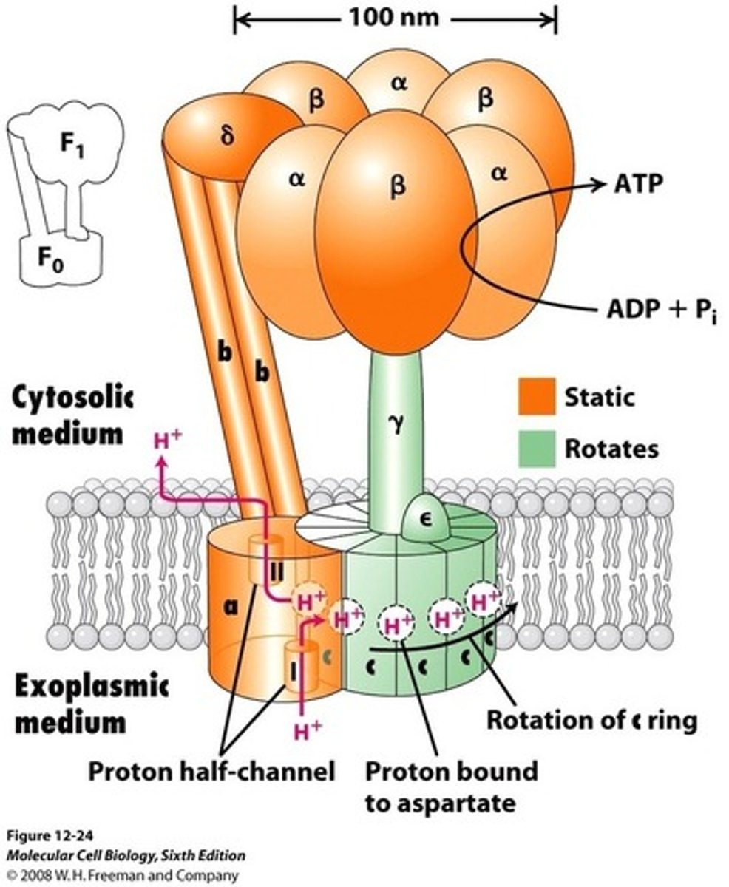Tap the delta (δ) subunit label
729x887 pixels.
[x=228, y=137]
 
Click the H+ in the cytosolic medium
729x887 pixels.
[x=168, y=441]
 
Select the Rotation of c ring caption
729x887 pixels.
[x=591, y=720]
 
